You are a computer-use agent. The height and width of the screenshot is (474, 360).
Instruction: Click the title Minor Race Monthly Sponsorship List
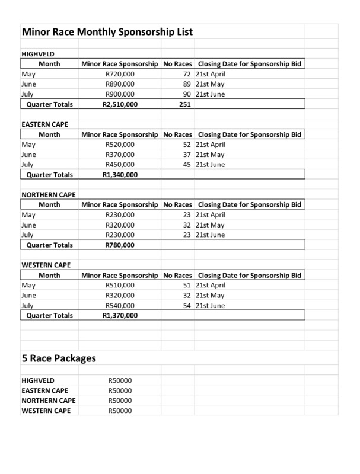pos(107,31)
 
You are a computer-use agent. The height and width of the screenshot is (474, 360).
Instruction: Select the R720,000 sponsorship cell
pos(120,74)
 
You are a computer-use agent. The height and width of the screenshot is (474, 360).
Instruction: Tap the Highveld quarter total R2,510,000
pos(120,104)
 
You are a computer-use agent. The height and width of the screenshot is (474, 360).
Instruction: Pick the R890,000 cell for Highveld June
pos(120,84)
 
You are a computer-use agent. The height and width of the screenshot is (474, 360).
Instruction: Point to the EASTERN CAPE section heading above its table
pos(44,124)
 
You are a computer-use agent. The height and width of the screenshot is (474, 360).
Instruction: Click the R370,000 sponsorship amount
pos(120,155)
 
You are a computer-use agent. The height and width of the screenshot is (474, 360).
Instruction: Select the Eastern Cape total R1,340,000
pos(120,175)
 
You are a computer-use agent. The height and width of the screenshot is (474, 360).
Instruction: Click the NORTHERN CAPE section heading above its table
pos(48,195)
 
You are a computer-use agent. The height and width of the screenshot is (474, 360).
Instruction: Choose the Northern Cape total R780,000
pos(120,245)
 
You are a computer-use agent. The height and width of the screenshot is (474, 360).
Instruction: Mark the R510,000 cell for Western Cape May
pos(120,285)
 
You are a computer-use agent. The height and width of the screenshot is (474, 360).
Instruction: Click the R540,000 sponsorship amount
pos(120,305)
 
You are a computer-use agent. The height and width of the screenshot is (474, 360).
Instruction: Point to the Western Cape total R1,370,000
pos(120,315)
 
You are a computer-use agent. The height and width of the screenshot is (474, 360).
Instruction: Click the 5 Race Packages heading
pos(58,358)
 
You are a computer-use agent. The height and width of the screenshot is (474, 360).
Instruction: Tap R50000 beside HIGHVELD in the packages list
pos(120,380)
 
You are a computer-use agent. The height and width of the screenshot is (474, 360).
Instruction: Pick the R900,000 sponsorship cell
pos(120,94)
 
